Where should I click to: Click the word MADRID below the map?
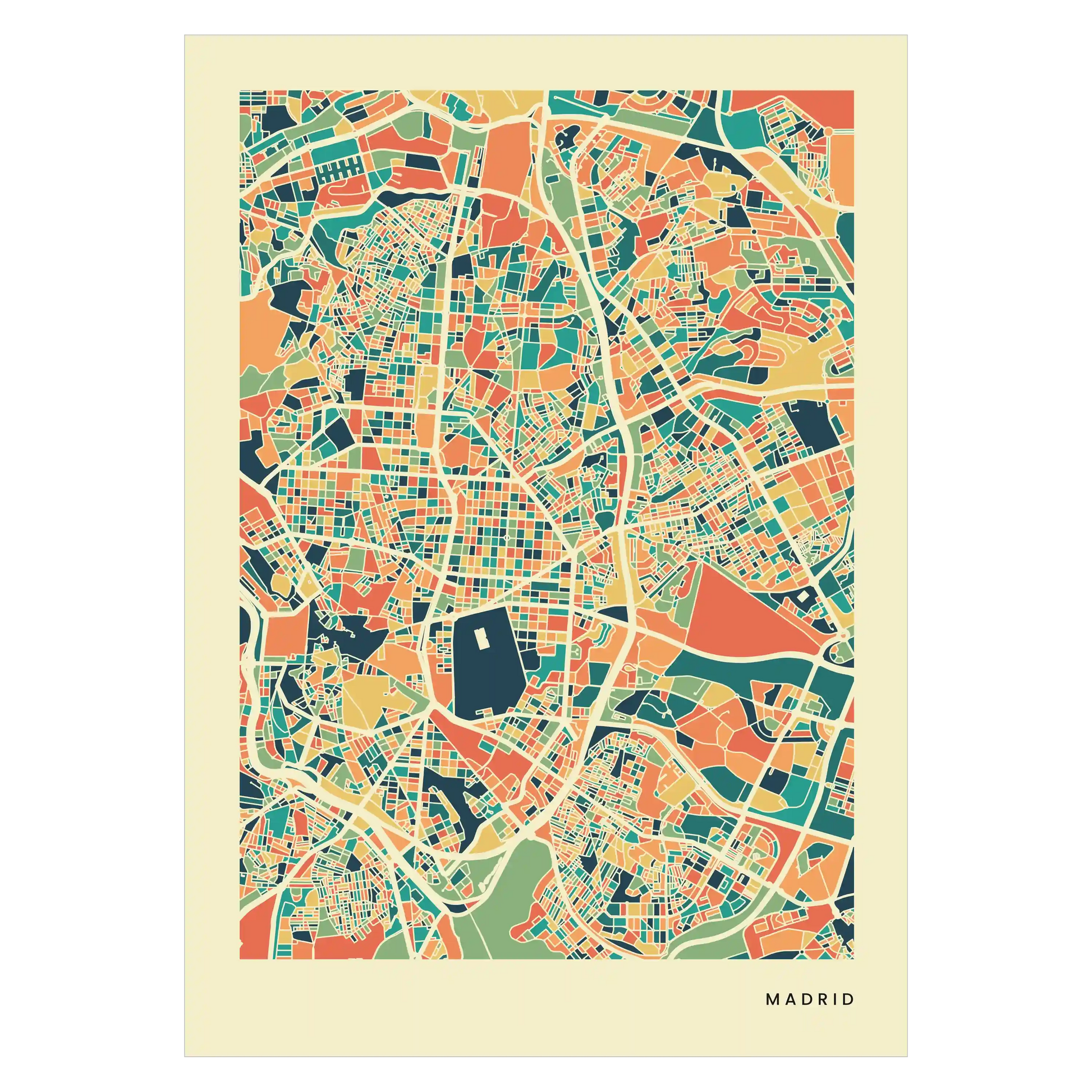pyautogui.click(x=809, y=999)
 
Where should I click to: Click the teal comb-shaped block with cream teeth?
pyautogui.click(x=339, y=169)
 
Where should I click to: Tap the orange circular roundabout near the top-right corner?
pyautogui.click(x=828, y=131)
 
